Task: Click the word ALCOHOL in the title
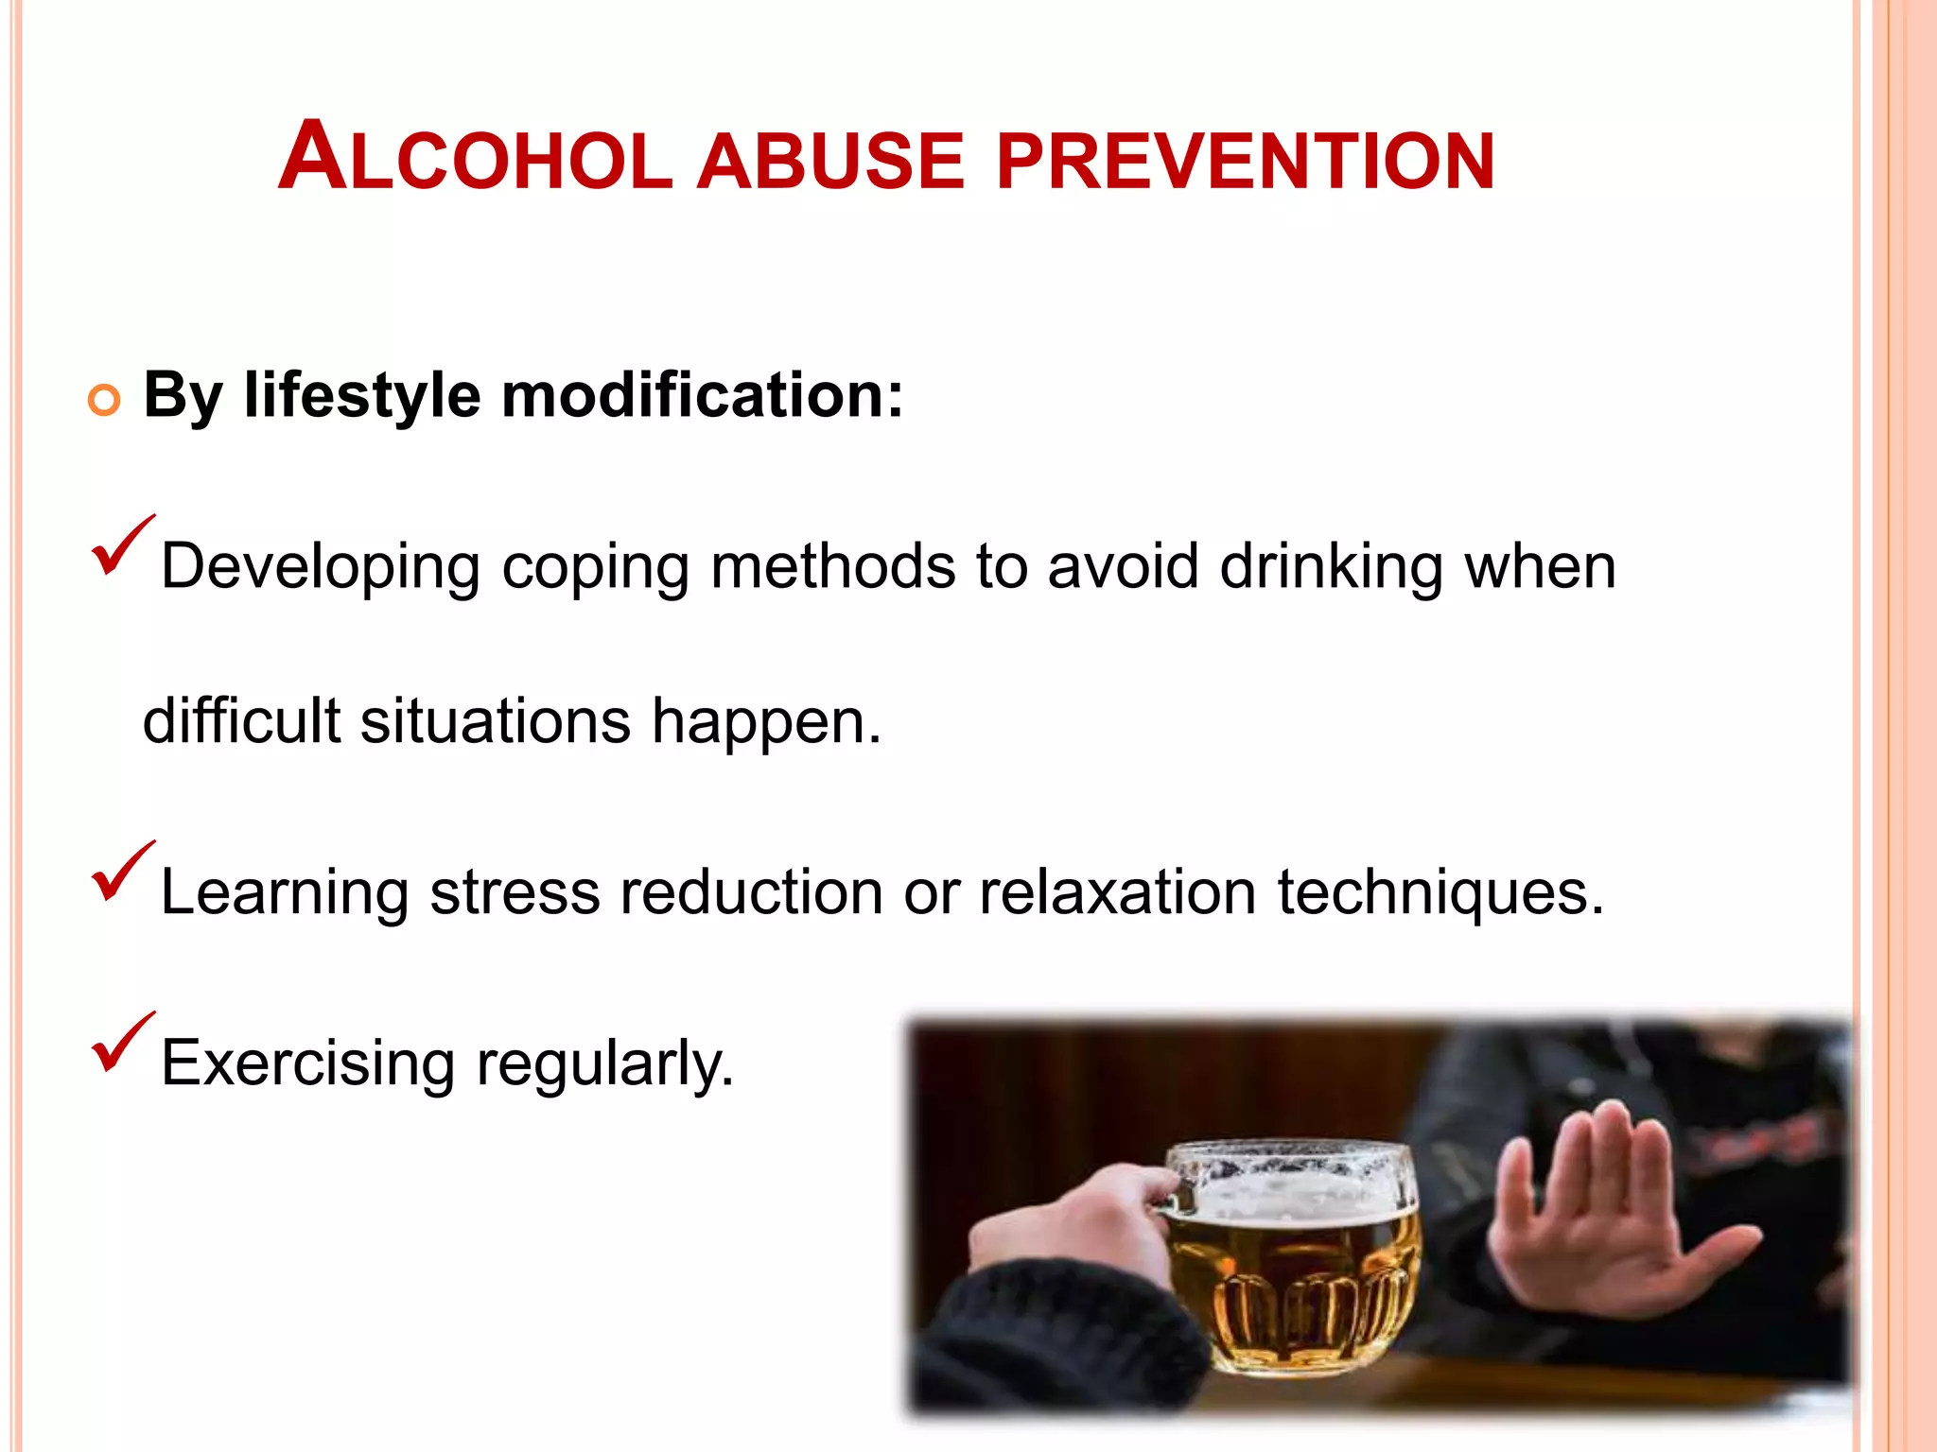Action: [x=475, y=157]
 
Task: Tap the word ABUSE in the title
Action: [x=829, y=161]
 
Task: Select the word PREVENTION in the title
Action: [x=1245, y=161]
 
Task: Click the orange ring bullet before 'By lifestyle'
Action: [x=104, y=400]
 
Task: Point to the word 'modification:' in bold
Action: [x=702, y=394]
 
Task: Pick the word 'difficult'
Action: [x=241, y=721]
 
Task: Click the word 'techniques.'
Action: [x=1440, y=893]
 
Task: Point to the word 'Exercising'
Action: [x=308, y=1064]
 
